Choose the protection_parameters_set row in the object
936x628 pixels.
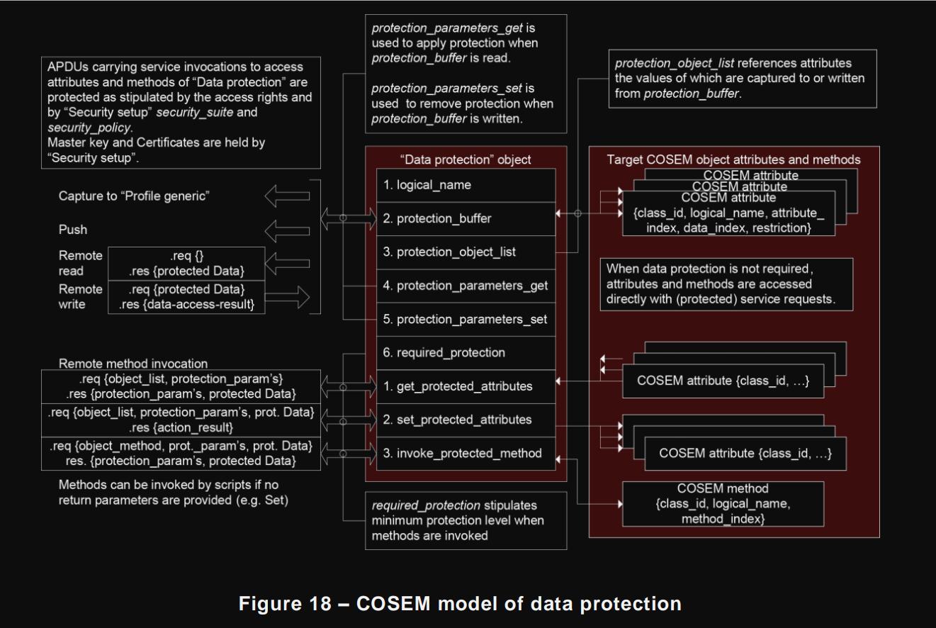pos(466,319)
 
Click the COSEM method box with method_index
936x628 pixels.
pos(722,504)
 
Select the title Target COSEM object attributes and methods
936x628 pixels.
pos(733,159)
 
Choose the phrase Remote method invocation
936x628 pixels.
pos(132,364)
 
